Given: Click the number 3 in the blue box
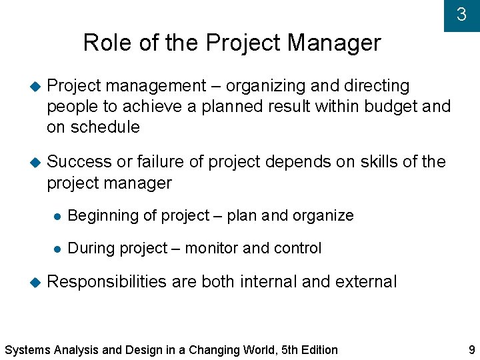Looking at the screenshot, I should [461, 15].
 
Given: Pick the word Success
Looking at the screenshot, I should [79, 162].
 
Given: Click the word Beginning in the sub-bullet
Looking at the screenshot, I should [99, 215].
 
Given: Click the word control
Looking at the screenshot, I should [297, 249].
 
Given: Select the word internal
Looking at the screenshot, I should [268, 282].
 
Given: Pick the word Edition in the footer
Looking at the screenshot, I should [318, 350].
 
